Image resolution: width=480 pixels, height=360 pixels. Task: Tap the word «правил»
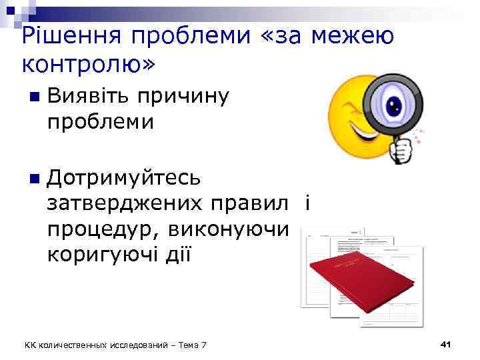coord(249,203)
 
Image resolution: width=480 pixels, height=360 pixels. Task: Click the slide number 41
coord(447,344)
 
